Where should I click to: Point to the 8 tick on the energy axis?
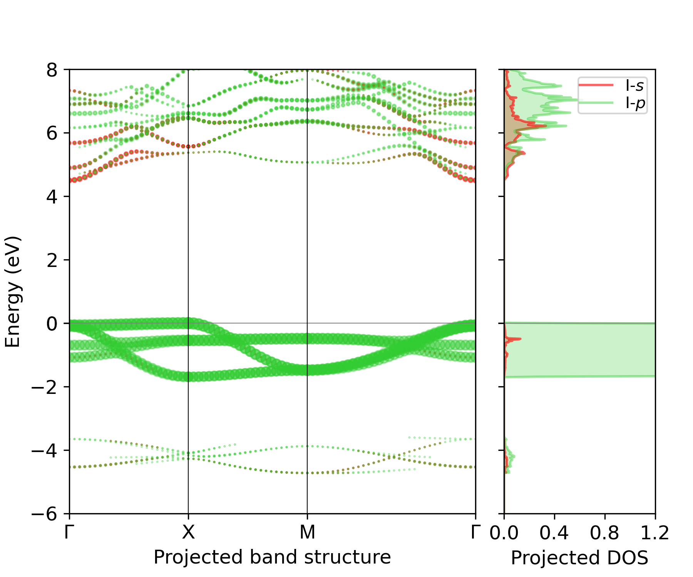click(x=52, y=71)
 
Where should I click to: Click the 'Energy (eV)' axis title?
click(x=13, y=292)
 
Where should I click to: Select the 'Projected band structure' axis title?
click(x=272, y=557)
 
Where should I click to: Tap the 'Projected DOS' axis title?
click(x=579, y=558)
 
